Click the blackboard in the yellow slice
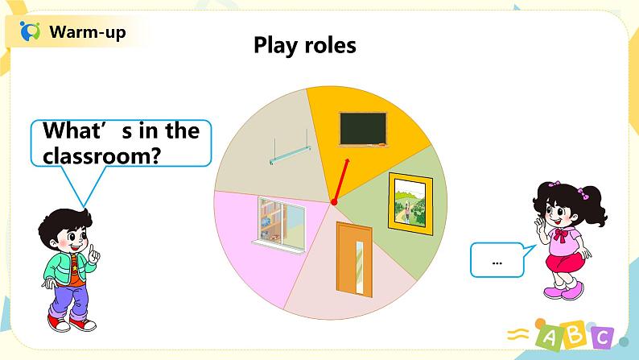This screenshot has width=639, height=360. click(x=363, y=129)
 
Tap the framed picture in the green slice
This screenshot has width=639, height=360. click(x=410, y=201)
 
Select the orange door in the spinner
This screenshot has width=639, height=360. click(x=352, y=260)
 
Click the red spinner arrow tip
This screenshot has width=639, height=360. click(x=348, y=161)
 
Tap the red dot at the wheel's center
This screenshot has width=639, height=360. click(x=333, y=202)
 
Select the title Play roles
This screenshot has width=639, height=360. click(x=304, y=45)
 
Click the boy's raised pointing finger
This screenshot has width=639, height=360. click(x=93, y=250)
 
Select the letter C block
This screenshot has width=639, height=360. click(x=600, y=339)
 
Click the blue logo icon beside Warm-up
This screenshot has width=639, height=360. click(x=30, y=33)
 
